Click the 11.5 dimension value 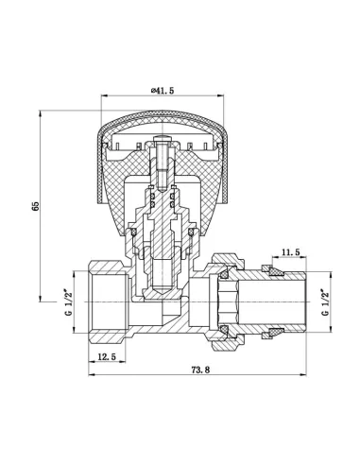291,251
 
